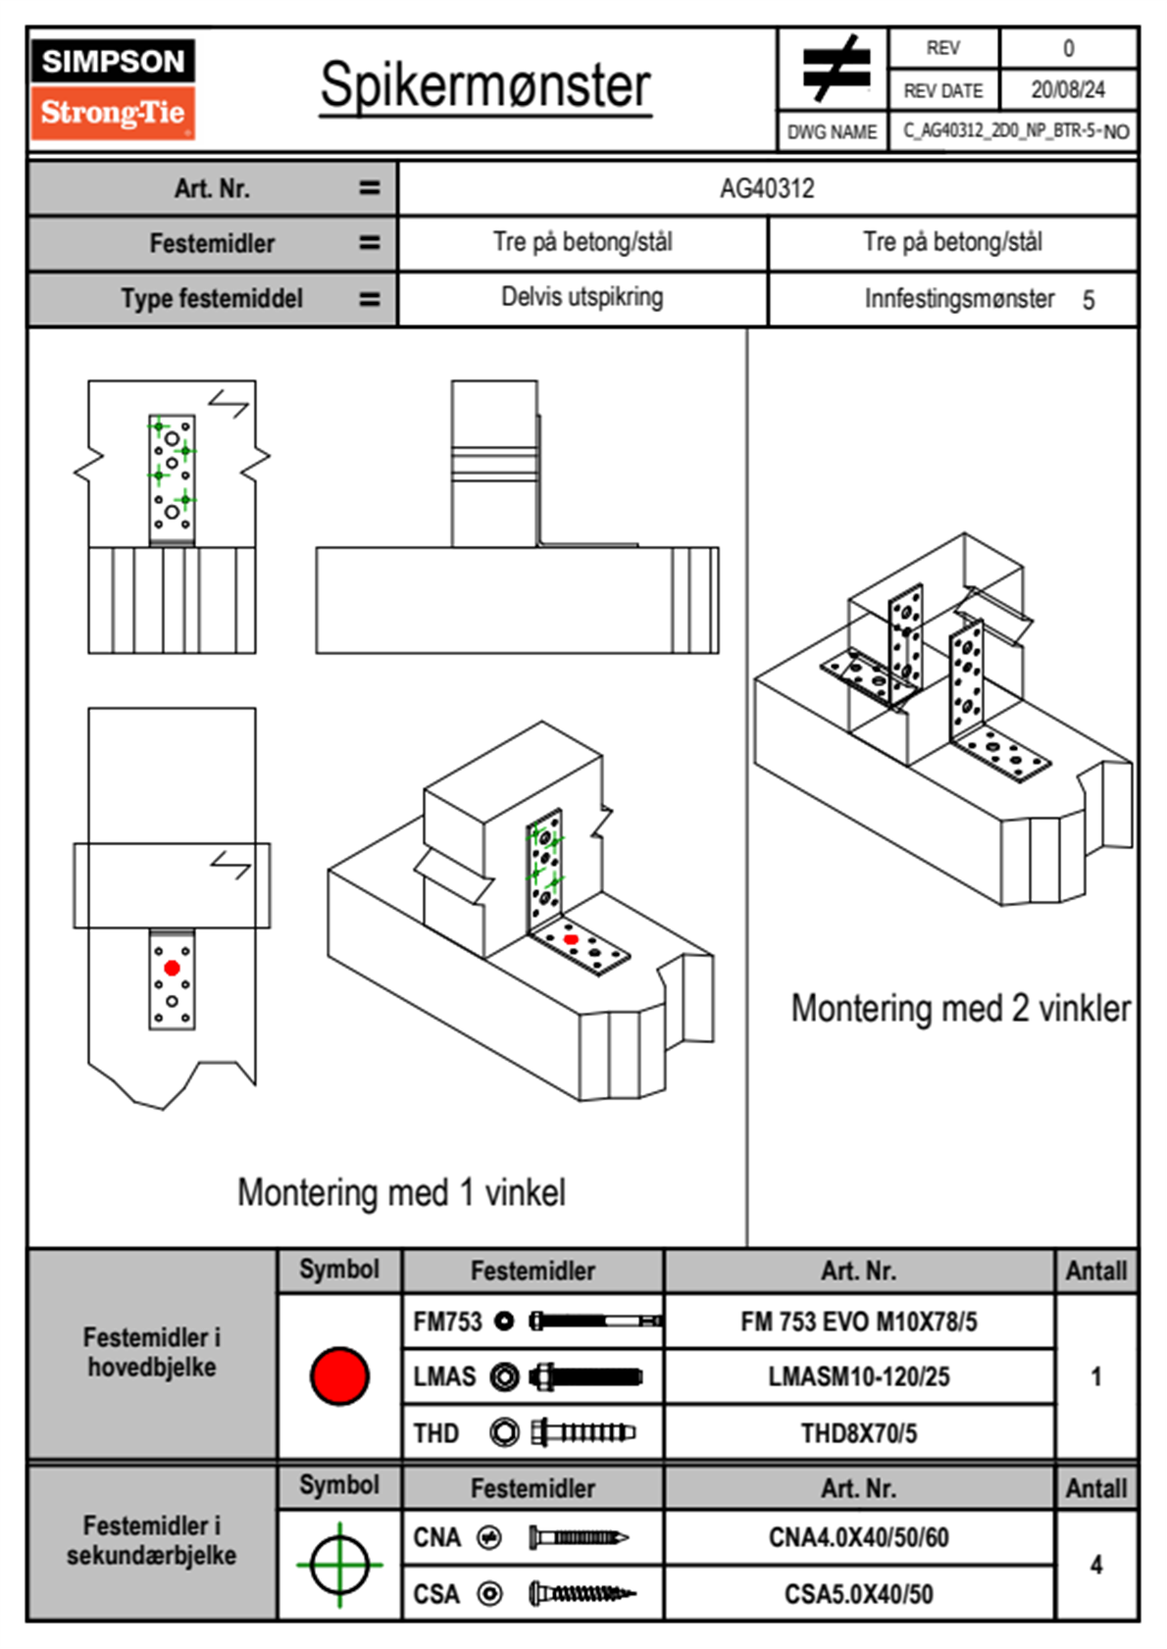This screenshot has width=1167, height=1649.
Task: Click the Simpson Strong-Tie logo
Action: [113, 88]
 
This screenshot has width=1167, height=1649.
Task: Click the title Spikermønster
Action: [485, 86]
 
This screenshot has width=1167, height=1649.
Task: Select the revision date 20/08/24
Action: [1067, 90]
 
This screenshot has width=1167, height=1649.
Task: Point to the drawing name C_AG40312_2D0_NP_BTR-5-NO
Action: [1015, 131]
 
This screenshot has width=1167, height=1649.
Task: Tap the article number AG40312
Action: [767, 188]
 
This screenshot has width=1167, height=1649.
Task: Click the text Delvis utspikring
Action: [582, 297]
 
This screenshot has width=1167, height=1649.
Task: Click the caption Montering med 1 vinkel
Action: [401, 1192]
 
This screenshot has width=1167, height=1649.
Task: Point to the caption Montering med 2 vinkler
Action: [960, 1008]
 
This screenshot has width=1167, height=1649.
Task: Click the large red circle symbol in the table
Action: [339, 1375]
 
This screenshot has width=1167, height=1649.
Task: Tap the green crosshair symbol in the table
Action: [339, 1565]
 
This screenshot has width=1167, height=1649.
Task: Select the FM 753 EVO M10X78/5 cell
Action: [858, 1322]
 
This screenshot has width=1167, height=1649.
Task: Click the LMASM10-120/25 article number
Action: [858, 1376]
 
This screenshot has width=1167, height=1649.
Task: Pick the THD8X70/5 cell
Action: [858, 1433]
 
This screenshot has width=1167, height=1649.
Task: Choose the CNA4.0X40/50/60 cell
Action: [858, 1537]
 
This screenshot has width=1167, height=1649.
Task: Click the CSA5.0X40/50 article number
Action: [858, 1594]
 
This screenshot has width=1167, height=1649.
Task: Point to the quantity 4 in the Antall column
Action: [1095, 1565]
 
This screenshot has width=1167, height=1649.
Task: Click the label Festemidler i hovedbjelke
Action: [152, 1352]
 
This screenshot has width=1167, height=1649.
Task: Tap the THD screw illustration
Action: [583, 1433]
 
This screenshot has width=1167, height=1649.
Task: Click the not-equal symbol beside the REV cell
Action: [835, 69]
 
